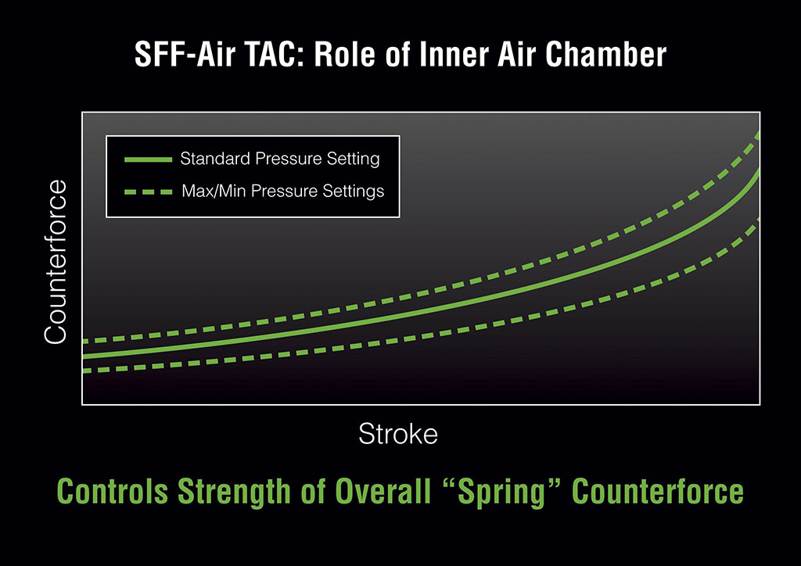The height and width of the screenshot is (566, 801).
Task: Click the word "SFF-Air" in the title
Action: [185, 54]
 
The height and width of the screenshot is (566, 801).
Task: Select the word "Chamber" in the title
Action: [606, 54]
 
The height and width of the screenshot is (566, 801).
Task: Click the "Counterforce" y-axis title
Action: [56, 262]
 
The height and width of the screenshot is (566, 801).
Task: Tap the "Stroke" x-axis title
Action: [398, 434]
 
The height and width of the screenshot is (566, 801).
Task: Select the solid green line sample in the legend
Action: [148, 159]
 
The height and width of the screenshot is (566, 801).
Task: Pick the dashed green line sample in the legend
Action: [148, 192]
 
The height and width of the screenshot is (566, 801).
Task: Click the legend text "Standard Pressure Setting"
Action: [280, 159]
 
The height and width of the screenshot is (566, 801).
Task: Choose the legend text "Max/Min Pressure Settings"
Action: [283, 191]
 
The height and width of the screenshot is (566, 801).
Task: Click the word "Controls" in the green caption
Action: [113, 492]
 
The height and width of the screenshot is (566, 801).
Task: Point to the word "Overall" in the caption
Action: [383, 492]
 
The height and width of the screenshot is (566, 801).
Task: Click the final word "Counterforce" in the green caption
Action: [658, 492]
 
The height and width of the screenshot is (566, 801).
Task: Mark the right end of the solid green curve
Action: [759, 170]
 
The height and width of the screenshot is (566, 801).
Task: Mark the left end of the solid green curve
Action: [83, 356]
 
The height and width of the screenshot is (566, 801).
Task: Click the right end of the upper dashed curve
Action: [759, 134]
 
